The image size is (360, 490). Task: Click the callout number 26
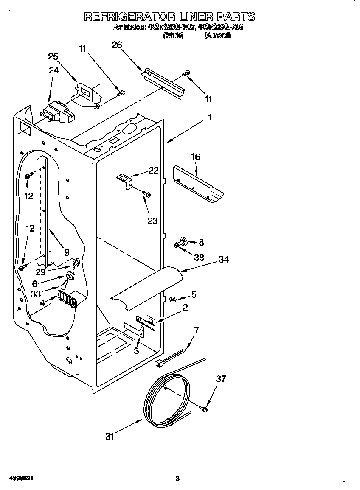(117, 45)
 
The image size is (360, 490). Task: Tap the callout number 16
(195, 157)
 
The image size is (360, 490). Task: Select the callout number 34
(223, 259)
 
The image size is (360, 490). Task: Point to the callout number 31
(110, 436)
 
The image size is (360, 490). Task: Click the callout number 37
(221, 379)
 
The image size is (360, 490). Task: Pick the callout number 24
(53, 71)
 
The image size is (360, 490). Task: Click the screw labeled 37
(203, 409)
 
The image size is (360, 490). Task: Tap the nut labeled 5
(173, 300)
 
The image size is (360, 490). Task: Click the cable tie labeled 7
(172, 356)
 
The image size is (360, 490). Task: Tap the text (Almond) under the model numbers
(217, 36)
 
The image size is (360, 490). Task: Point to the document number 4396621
(17, 478)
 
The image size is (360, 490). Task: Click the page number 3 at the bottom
(177, 479)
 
